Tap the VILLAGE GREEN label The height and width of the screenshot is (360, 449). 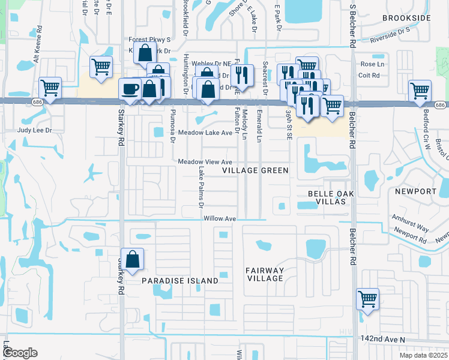tap(255, 171)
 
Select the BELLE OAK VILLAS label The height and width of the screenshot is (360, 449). tap(327, 197)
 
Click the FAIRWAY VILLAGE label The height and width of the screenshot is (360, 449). tap(265, 274)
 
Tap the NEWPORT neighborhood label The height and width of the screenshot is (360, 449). tap(415, 191)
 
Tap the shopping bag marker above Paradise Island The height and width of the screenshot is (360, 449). tap(133, 260)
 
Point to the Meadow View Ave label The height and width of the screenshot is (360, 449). tap(205, 163)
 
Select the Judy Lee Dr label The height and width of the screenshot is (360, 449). tap(35, 130)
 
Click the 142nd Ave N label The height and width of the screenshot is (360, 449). tap(384, 339)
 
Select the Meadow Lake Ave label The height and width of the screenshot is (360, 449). tap(205, 133)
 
